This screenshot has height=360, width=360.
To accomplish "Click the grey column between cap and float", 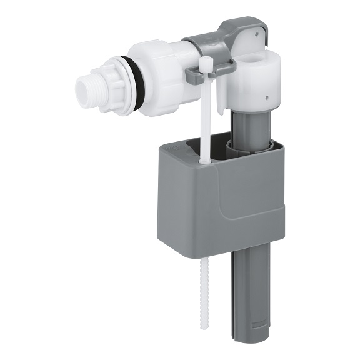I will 246,128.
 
